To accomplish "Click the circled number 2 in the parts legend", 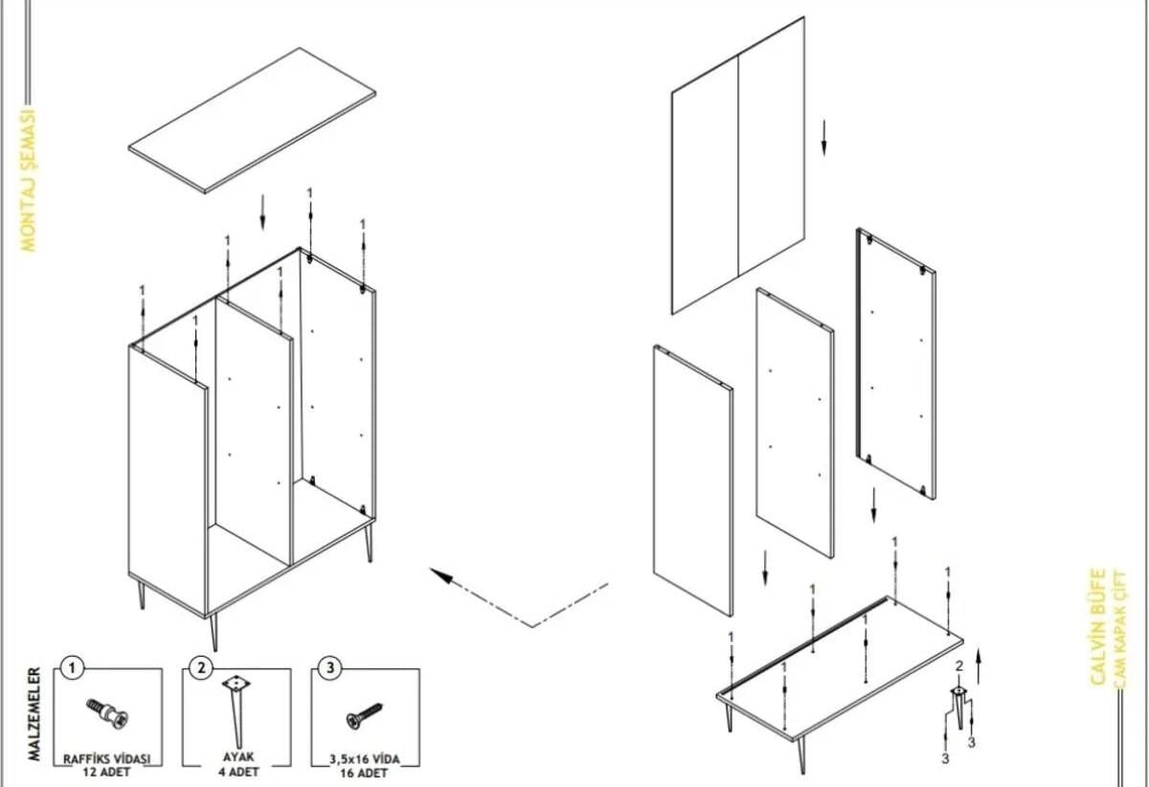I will (200, 667).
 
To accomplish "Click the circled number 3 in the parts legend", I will (329, 667).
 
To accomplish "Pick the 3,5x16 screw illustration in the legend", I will (364, 714).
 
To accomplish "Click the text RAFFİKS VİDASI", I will (107, 758).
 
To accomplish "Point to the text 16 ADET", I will (364, 772).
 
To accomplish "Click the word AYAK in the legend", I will (235, 756).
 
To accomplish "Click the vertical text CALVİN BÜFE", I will (1098, 627).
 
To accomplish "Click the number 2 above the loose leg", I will (958, 666).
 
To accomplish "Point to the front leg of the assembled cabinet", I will (214, 631).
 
